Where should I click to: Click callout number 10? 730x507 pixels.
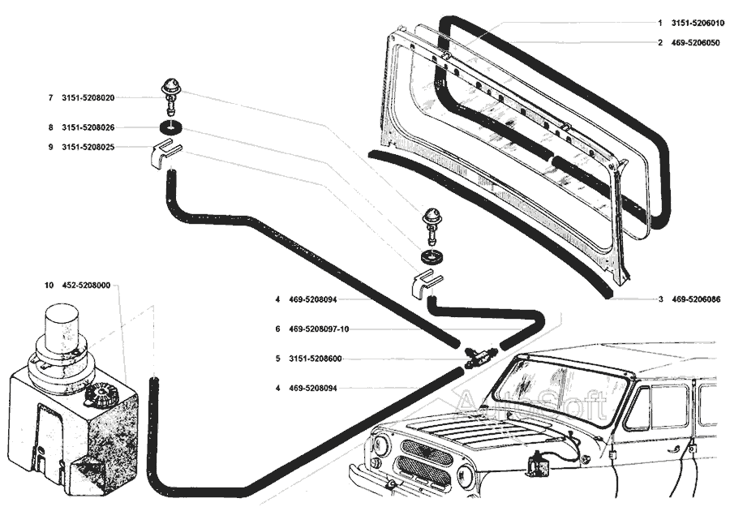pyautogui.click(x=49, y=286)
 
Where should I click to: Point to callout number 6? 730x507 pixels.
pyautogui.click(x=277, y=329)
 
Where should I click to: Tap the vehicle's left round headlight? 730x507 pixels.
pyautogui.click(x=380, y=447)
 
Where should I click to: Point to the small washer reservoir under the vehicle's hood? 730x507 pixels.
pyautogui.click(x=538, y=465)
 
